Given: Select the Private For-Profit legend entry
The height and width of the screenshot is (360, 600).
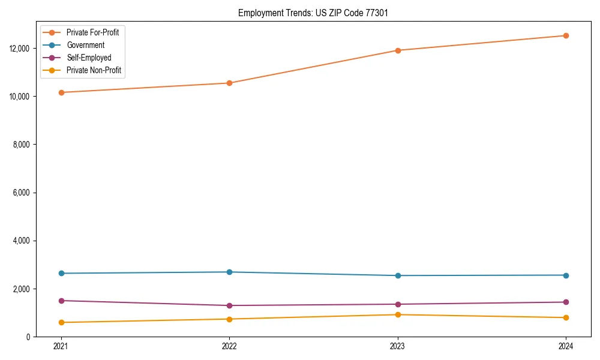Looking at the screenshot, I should click(x=92, y=32).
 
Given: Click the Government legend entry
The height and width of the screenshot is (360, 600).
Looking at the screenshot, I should click(x=85, y=45).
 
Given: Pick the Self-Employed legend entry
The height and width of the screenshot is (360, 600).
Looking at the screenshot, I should click(x=89, y=58).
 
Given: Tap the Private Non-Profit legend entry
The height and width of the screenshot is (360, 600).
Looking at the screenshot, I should click(x=94, y=70).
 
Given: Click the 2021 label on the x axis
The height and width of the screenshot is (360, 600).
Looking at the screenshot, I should click(x=61, y=346).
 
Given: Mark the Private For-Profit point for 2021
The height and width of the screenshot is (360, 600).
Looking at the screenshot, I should click(x=61, y=92).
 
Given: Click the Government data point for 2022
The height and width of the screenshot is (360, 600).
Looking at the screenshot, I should click(x=229, y=272).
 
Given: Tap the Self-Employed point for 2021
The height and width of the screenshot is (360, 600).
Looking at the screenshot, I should click(x=61, y=301).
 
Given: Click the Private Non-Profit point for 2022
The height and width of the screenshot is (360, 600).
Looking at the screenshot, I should click(x=229, y=319).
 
